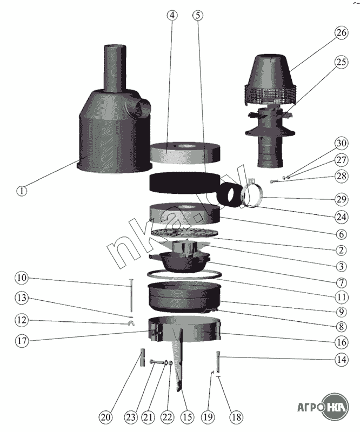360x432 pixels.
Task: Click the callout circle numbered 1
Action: tap(22, 191)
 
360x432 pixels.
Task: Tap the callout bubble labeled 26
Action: tap(341, 32)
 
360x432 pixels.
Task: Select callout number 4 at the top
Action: tap(172, 15)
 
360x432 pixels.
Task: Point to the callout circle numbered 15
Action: tap(187, 417)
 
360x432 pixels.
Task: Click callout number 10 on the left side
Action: tap(22, 278)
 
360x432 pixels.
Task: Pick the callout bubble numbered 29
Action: tap(341, 199)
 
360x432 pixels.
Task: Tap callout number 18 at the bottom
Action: tap(237, 417)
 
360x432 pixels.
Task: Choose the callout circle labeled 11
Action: tap(341, 297)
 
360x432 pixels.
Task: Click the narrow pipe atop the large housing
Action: tap(115, 67)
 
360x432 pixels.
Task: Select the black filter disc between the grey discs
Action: tap(184, 183)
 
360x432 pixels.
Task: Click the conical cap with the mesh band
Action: tap(271, 80)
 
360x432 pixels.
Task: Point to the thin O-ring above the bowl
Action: tap(184, 274)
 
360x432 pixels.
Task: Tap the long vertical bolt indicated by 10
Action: tap(131, 295)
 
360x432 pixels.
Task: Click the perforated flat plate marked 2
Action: tap(184, 232)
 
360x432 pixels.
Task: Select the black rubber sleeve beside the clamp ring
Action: tap(230, 194)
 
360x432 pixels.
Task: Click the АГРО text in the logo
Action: tap(310, 407)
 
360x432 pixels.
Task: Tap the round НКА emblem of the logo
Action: tap(336, 407)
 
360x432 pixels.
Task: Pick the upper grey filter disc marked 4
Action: tap(184, 152)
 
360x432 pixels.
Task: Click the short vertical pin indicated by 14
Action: tap(218, 361)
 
